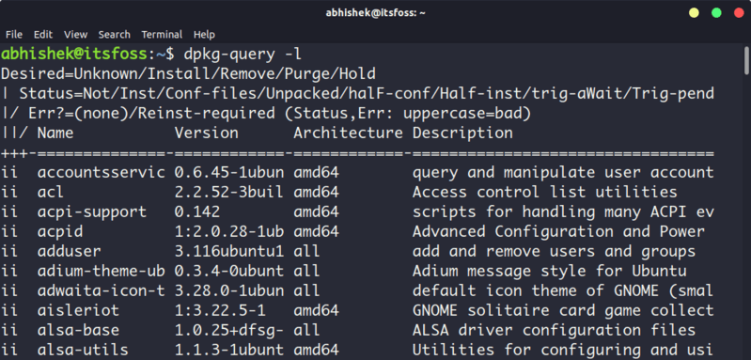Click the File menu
pos(14,35)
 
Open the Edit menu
pos(43,35)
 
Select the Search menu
pos(114,35)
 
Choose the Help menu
pos(204,35)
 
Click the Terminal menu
pos(162,35)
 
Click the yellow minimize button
pos(695,12)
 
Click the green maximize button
pos(715,12)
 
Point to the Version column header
pos(206,133)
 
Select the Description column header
pos(462,133)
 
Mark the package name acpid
pos(61,231)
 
